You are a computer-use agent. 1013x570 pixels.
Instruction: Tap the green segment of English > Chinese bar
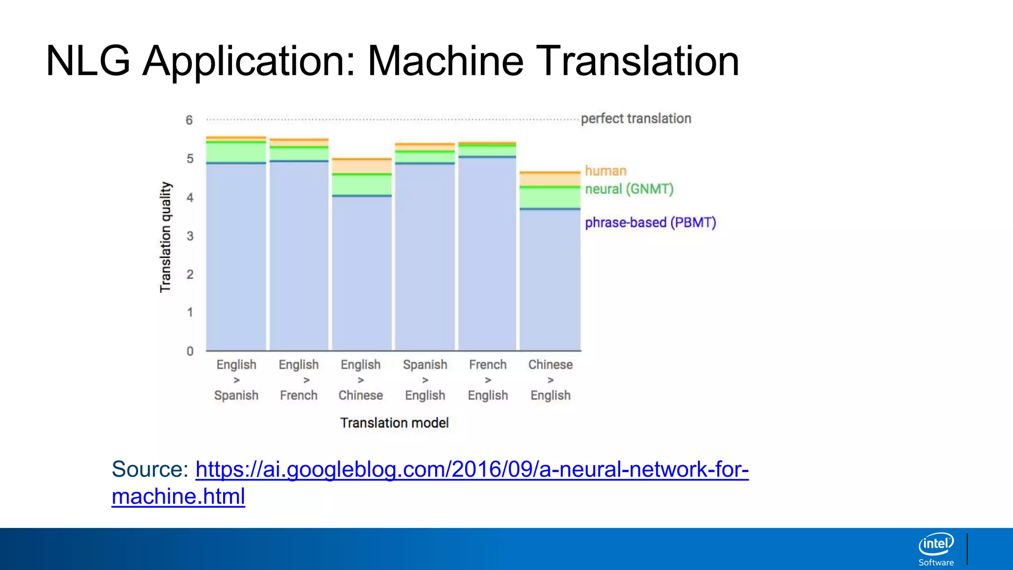tap(362, 185)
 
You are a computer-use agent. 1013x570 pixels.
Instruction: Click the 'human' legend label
tap(605, 171)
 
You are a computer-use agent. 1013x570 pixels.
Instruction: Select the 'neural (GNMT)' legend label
tap(629, 189)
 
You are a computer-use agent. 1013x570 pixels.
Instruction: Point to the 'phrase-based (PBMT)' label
tap(650, 223)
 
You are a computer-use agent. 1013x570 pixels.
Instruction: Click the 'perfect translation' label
tap(636, 119)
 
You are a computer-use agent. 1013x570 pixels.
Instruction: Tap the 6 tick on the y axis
tap(189, 120)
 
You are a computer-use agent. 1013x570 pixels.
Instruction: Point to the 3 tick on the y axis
tap(189, 236)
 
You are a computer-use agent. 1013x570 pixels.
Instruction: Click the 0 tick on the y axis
tap(189, 351)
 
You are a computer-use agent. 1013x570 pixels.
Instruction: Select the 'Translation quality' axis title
tap(165, 237)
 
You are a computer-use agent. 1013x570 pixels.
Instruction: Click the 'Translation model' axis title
tap(394, 423)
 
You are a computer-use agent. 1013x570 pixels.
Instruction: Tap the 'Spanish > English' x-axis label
tap(425, 380)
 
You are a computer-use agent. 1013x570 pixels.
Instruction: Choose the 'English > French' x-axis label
tap(299, 380)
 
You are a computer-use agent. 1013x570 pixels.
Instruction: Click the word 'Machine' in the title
tap(445, 61)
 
